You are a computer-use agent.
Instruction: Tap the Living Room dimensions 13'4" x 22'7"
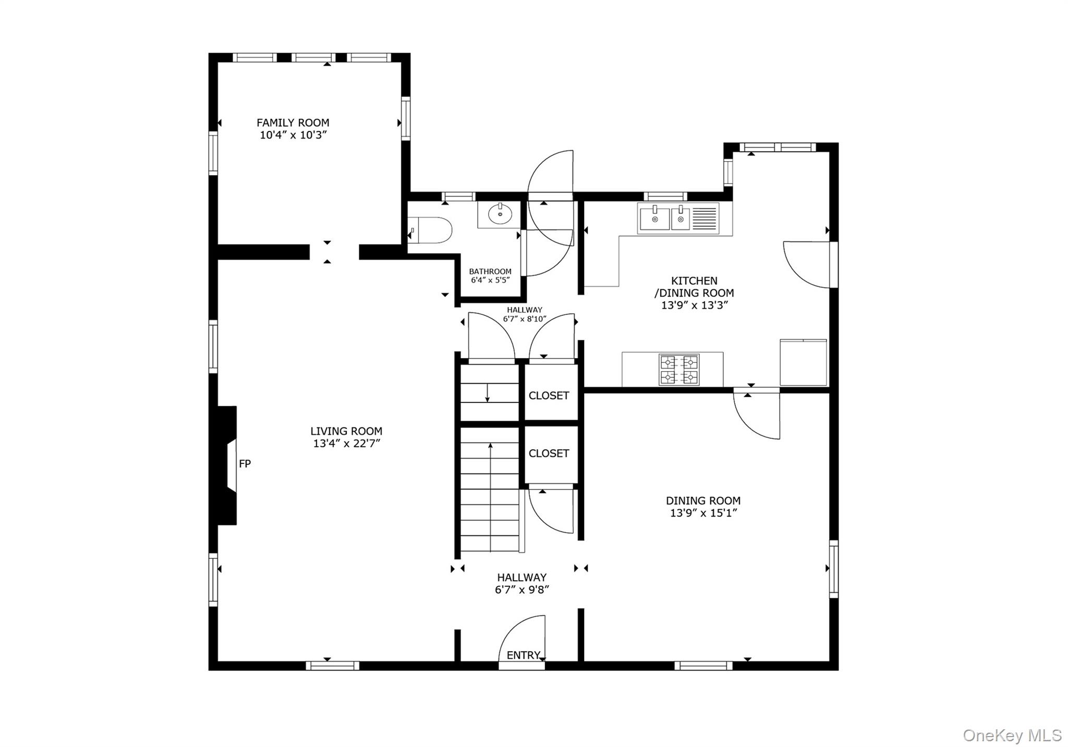(x=346, y=444)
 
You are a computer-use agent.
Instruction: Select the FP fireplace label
(x=245, y=463)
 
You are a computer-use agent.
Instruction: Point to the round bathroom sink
(x=500, y=214)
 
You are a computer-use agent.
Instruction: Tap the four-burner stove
(x=678, y=369)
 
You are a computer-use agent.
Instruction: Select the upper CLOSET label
(x=549, y=396)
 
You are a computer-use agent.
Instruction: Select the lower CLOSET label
(x=549, y=454)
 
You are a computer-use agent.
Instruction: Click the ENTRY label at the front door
(x=523, y=655)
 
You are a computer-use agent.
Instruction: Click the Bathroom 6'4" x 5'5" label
(x=490, y=276)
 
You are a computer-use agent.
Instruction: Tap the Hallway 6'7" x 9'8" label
(x=521, y=584)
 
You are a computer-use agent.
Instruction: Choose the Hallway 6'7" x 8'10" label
(x=525, y=314)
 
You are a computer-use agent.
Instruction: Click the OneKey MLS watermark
(x=1012, y=735)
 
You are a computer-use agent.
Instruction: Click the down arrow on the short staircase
(x=487, y=394)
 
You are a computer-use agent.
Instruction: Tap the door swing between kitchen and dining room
(x=756, y=414)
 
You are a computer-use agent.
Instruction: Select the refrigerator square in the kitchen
(x=803, y=362)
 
